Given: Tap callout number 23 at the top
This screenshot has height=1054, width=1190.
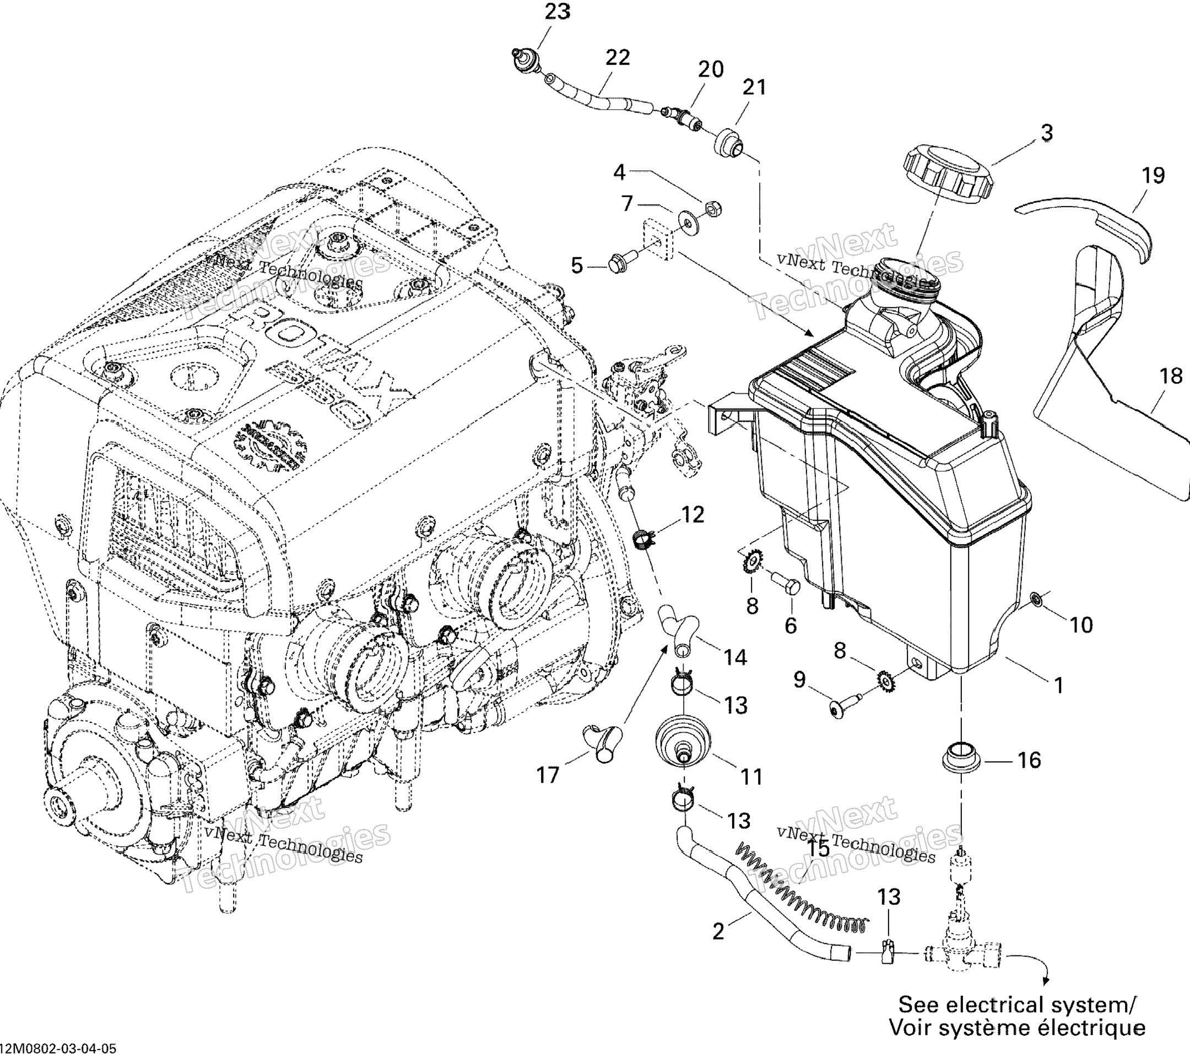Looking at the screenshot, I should (557, 11).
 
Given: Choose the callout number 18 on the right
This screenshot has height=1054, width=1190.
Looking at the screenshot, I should (1171, 376).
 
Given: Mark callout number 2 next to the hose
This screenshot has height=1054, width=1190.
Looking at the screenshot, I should (718, 932).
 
